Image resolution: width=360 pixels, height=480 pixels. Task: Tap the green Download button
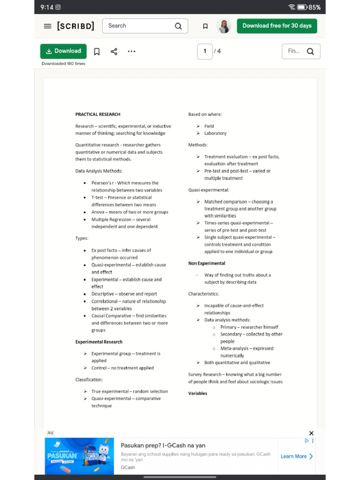click(63, 51)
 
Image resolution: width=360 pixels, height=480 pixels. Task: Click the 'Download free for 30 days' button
click(277, 26)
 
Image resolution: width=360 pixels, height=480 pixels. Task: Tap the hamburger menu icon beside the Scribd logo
click(47, 26)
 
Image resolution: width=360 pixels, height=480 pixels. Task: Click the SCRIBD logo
click(75, 26)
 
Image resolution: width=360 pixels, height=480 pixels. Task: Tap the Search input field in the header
click(138, 26)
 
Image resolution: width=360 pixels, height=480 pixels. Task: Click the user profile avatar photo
click(224, 26)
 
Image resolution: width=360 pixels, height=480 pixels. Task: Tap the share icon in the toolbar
click(114, 52)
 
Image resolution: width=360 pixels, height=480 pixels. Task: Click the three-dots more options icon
click(131, 52)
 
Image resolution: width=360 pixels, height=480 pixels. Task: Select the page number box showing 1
click(205, 51)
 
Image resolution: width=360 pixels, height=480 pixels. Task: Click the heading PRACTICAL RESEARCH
click(98, 114)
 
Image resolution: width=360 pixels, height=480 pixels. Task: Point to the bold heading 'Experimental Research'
click(99, 342)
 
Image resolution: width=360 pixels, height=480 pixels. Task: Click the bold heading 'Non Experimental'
click(207, 263)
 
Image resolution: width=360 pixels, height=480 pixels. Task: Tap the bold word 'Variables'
click(198, 393)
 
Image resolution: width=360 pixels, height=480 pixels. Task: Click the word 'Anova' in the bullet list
click(98, 212)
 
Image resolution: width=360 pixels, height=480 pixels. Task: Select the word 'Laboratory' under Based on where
click(215, 133)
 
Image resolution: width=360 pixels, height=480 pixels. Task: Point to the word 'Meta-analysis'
click(233, 348)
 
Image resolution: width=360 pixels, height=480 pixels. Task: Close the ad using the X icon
click(311, 433)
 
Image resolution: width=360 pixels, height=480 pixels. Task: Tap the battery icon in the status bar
click(302, 7)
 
